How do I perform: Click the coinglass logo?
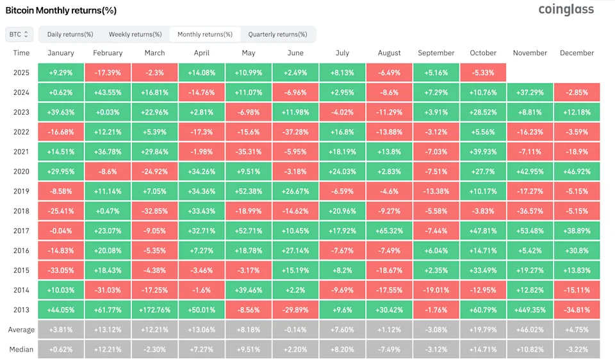coord(566,10)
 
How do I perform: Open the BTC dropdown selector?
coord(19,34)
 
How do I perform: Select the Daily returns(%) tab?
coord(70,34)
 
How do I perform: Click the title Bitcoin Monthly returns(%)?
coord(61,11)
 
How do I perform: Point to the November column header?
coord(530,53)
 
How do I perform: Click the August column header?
coord(389,53)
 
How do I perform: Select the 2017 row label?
coord(21,231)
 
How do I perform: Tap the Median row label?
coord(21,349)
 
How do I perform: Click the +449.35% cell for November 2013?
coord(530,309)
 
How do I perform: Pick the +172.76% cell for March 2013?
coord(154,309)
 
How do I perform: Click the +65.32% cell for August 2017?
coord(389,231)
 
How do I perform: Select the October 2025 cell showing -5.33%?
coord(483,72)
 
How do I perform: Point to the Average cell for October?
coord(483,330)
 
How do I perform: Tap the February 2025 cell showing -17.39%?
coord(108,72)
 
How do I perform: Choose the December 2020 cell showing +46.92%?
coord(577,171)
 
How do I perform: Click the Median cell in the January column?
coord(61,349)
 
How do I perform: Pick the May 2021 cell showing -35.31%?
coord(248,151)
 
